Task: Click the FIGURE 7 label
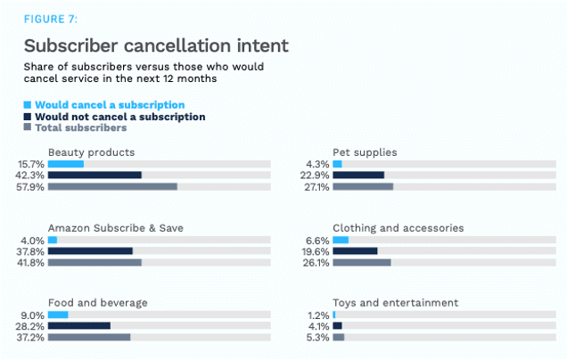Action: coord(52,18)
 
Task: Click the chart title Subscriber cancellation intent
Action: coord(156,45)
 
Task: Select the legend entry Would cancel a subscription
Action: coord(109,105)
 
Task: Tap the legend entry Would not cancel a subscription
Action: coord(119,117)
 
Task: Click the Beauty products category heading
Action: coord(92,152)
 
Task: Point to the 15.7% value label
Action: coord(31,164)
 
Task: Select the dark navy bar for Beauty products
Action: coord(94,176)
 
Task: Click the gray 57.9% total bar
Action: coord(112,187)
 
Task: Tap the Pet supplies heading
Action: coord(365,152)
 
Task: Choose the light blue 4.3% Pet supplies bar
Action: coord(337,164)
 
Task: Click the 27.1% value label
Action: coord(316,187)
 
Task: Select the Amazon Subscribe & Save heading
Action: coord(116,228)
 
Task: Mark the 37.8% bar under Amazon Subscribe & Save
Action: coord(90,251)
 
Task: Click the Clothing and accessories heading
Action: coord(398,228)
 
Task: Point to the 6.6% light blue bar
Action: coord(341,240)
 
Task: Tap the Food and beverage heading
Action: coord(98,303)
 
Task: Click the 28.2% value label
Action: coord(31,326)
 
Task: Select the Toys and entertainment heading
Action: coord(395,303)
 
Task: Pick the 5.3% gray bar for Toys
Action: coord(339,338)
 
